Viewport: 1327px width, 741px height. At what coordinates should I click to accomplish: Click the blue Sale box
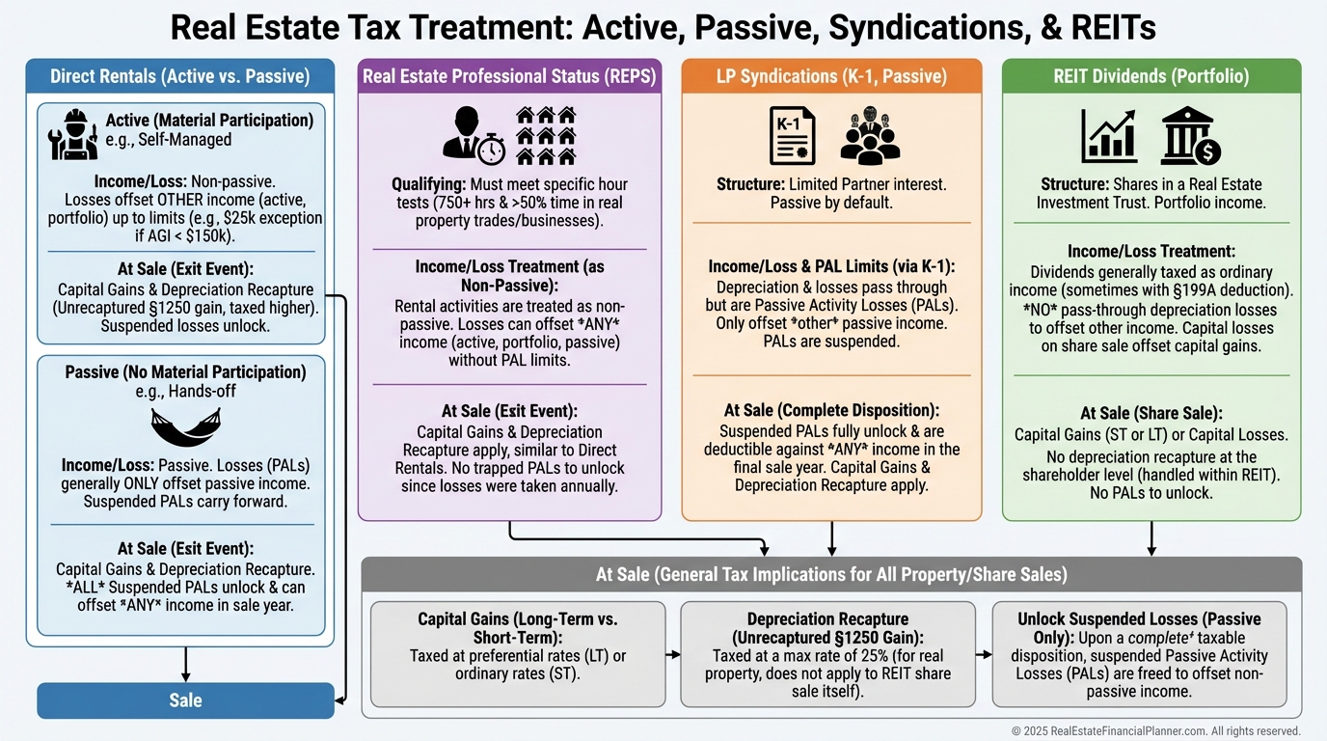pyautogui.click(x=185, y=700)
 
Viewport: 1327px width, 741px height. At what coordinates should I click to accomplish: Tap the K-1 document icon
pyautogui.click(x=791, y=136)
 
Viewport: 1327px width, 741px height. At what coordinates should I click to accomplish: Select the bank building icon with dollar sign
pyautogui.click(x=1190, y=136)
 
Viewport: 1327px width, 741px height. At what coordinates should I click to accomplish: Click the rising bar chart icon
pyautogui.click(x=1110, y=136)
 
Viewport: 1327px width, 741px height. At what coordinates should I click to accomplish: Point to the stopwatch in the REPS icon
pyautogui.click(x=491, y=149)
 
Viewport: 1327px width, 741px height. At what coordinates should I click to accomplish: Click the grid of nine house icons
pyautogui.click(x=546, y=136)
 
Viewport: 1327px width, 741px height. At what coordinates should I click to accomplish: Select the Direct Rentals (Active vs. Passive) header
pyautogui.click(x=180, y=76)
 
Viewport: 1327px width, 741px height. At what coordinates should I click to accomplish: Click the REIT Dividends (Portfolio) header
pyautogui.click(x=1151, y=76)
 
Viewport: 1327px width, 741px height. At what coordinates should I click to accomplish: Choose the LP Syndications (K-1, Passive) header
pyautogui.click(x=831, y=76)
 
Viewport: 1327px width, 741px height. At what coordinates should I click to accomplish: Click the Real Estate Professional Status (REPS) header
pyautogui.click(x=509, y=76)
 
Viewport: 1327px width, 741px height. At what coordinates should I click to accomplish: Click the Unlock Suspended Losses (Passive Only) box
pyautogui.click(x=1139, y=653)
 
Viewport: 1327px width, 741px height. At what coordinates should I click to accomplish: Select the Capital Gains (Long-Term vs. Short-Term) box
pyautogui.click(x=517, y=653)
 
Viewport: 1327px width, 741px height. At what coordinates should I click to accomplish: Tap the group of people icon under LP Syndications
pyautogui.click(x=870, y=136)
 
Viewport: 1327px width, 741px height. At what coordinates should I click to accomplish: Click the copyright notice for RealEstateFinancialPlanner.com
pyautogui.click(x=1155, y=731)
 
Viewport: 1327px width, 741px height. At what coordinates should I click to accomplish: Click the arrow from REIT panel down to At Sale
pyautogui.click(x=1151, y=538)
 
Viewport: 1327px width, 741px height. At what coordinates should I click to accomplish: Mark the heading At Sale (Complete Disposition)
pyautogui.click(x=831, y=410)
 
